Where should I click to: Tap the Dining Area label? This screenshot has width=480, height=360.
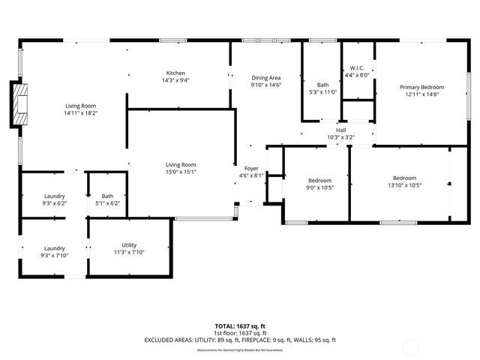265,77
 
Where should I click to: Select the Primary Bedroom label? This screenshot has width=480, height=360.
421,87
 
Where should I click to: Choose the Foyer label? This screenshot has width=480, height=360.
251,168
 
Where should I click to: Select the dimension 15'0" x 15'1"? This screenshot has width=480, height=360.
181,171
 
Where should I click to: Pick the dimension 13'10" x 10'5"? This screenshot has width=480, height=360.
404,186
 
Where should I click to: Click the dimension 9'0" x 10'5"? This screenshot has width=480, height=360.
319,187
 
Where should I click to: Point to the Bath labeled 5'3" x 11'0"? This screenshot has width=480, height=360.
322,92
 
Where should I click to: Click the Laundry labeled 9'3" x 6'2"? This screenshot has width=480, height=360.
54,202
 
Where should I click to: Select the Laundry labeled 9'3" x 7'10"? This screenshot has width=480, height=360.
54,256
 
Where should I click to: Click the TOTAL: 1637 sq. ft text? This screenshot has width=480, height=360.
240,326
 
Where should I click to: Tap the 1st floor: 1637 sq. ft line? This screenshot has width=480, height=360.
240,333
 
